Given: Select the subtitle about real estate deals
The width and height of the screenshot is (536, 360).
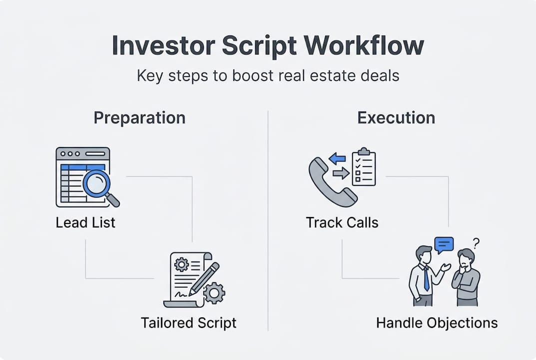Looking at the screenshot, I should click(268, 76).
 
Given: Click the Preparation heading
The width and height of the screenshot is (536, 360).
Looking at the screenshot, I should click(139, 118).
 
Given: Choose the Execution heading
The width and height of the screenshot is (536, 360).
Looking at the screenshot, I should click(396, 118).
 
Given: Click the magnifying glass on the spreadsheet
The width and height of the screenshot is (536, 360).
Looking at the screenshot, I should click(97, 183).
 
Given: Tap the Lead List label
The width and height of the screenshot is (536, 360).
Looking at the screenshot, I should click(85, 222).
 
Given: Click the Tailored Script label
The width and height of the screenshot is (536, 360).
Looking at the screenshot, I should click(188, 322).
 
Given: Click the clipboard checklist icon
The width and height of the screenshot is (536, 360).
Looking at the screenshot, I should click(364, 167).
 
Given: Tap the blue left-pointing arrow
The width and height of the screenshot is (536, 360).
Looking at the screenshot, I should click(338, 159).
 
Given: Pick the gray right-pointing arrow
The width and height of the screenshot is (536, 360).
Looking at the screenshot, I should click(341, 173).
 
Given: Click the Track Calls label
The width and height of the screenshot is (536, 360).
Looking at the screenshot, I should click(342, 222).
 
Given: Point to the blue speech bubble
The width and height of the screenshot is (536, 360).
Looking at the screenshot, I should click(444, 244).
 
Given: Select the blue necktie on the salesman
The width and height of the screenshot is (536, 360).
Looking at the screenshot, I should click(426, 279).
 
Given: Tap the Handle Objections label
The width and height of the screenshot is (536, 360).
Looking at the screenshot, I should click(437, 322).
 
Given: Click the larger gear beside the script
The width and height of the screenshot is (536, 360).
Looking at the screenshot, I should click(214, 292).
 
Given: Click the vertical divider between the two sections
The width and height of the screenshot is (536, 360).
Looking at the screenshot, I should click(268, 220).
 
